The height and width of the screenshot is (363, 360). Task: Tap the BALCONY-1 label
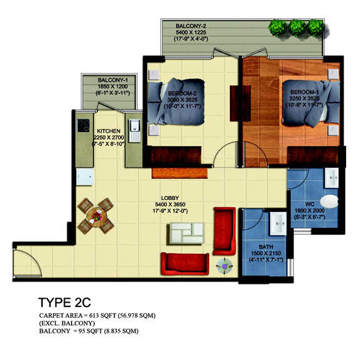click(113, 80)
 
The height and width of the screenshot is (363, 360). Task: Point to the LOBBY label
click(170, 198)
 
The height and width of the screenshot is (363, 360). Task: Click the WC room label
click(310, 204)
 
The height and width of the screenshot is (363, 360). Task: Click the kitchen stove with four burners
click(83, 125)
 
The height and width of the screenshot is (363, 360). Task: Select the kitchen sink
click(134, 130)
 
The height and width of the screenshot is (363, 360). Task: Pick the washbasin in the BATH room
click(278, 223)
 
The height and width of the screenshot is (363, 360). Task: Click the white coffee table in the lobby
click(187, 233)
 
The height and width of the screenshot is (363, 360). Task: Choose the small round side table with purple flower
click(224, 266)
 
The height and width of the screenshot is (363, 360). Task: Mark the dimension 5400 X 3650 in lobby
click(170, 204)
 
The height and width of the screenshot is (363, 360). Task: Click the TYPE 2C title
click(65, 303)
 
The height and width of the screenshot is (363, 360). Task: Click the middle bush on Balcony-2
click(297, 28)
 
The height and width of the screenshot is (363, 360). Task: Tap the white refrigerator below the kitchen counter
click(85, 177)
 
